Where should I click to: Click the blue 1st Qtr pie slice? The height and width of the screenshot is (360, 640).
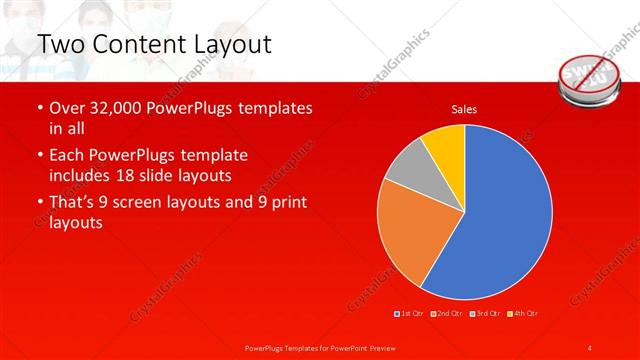[x=500, y=215]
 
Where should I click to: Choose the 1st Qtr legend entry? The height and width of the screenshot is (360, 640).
[x=411, y=314]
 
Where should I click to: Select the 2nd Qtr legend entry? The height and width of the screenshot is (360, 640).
[x=447, y=314]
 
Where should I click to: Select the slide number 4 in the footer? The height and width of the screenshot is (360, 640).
[x=590, y=347]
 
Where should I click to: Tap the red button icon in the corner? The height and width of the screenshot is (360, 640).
[x=591, y=75]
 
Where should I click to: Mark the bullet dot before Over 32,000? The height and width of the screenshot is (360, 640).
[x=39, y=108]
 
